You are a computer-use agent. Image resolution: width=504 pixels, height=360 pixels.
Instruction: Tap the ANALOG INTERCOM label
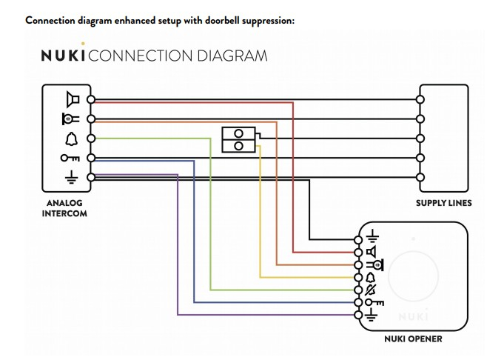tap(66, 207)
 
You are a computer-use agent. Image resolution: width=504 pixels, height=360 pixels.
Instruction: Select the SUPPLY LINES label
tap(443, 202)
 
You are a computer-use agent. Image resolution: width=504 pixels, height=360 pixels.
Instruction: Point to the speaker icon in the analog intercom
tap(72, 99)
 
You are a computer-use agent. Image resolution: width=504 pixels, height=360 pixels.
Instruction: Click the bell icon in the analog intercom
tap(72, 138)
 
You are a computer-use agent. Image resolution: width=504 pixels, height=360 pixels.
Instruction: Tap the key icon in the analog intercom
tap(70, 158)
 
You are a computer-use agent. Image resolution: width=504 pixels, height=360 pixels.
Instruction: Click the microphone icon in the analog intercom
tap(70, 119)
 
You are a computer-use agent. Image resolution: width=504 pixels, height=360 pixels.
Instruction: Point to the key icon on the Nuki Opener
tap(373, 302)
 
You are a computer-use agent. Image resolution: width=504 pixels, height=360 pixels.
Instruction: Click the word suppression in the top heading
tap(263, 20)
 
